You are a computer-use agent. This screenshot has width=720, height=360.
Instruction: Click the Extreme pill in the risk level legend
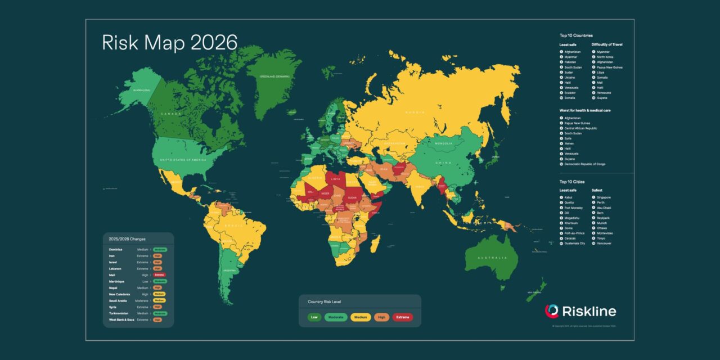402,317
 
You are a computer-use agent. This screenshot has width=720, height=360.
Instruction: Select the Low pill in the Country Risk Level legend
314,317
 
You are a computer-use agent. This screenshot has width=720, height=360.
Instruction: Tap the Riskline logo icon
552,311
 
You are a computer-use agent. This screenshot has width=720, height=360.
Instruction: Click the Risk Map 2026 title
169,43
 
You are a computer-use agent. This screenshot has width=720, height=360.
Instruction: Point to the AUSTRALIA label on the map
494,258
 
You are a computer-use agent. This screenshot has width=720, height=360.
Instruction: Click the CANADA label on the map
172,114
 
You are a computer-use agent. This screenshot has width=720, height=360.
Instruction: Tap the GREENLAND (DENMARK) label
274,76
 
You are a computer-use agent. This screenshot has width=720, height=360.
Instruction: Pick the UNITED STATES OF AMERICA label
183,161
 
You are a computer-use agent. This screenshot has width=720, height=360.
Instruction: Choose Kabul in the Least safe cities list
568,197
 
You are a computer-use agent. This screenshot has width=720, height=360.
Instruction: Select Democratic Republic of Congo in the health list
585,164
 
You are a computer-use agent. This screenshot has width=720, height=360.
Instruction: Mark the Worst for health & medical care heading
585,110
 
